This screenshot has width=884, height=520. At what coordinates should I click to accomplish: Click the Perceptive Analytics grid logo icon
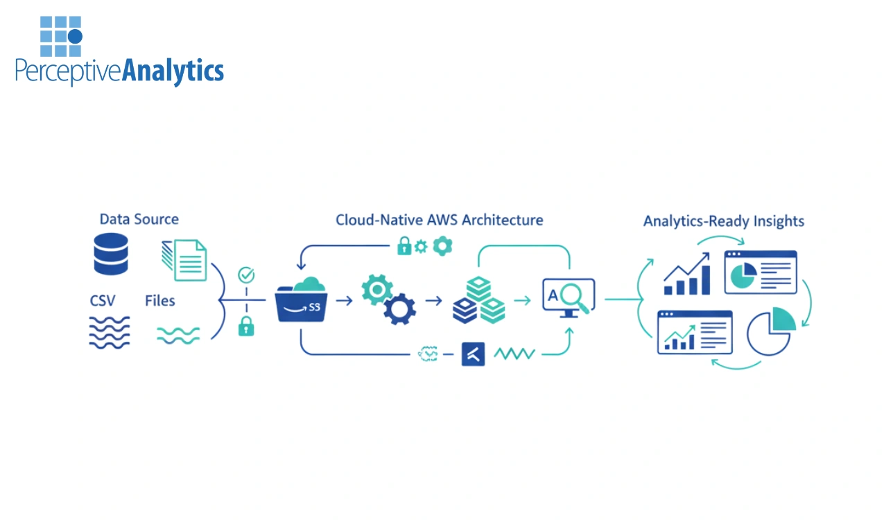61,36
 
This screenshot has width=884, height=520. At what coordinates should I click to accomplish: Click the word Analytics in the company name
173,72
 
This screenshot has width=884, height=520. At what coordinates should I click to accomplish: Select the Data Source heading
139,220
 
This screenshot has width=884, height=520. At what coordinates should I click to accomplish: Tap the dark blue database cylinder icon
110,254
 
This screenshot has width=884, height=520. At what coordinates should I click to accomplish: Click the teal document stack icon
185,260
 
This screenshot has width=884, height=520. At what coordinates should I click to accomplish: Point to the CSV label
103,301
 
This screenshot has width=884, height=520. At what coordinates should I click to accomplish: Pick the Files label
159,301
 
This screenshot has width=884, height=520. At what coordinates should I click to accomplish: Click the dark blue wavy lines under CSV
110,331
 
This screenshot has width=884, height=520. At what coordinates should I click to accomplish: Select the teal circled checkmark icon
246,275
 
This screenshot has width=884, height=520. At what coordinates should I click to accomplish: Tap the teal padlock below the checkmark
246,326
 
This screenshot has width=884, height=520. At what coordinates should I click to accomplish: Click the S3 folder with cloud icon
301,300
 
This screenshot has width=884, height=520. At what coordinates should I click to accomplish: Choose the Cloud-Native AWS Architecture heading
439,220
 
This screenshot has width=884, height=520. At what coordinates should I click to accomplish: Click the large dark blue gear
399,309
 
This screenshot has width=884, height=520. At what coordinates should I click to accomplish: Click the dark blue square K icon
474,354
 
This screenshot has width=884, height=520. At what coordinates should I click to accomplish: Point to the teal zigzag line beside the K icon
514,354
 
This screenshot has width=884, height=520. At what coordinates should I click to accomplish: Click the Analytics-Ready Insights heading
723,222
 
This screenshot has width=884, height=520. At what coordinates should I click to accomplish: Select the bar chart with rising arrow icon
687,275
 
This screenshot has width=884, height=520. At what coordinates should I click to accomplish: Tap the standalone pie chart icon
771,331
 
